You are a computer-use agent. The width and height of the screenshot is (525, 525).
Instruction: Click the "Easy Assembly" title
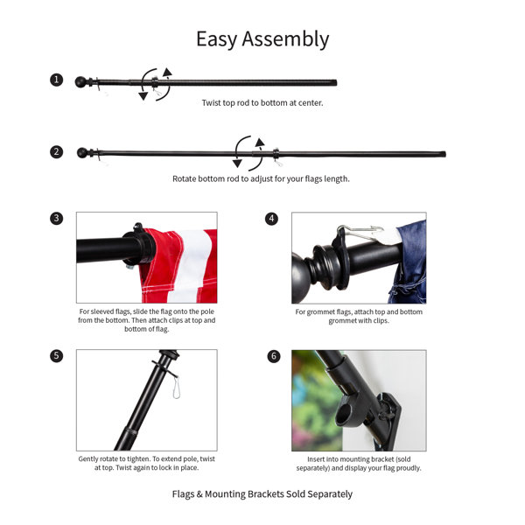[x=262, y=39]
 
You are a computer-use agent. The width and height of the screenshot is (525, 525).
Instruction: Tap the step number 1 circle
[x=57, y=80]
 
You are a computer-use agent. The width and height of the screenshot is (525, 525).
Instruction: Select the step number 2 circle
[x=57, y=151]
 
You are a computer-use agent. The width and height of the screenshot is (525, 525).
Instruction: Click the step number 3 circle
[x=57, y=218]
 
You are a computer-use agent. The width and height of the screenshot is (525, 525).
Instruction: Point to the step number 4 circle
[x=271, y=218]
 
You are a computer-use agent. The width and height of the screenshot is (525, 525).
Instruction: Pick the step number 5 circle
[x=57, y=356]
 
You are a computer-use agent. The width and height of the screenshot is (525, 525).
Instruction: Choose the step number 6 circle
[x=273, y=356]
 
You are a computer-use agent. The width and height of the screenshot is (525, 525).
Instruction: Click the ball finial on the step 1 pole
[x=81, y=82]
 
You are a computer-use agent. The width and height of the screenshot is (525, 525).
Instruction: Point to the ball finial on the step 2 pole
[x=82, y=153]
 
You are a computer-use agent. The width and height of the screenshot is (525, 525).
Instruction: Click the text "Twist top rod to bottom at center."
[x=262, y=102]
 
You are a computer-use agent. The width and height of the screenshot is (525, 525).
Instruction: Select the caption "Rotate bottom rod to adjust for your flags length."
[x=261, y=178]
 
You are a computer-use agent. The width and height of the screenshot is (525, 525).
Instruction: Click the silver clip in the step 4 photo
[x=360, y=233]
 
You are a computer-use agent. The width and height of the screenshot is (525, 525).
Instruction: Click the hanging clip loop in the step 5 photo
[x=176, y=386]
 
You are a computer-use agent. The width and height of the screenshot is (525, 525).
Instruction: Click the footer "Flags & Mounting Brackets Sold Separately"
[x=262, y=494]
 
